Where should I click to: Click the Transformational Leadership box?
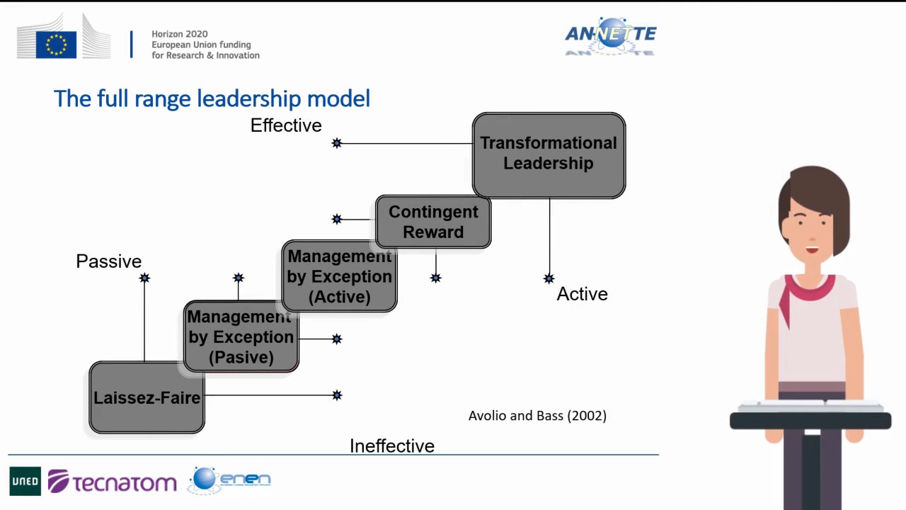549,155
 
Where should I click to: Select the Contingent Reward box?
433,222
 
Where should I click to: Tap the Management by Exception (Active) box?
339,276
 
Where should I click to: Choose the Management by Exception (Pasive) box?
241,336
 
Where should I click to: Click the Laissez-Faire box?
147,397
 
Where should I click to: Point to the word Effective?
286,125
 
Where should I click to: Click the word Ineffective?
392,446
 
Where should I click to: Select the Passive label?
109,261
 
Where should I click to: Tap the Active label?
582,294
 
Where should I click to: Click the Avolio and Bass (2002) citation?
537,416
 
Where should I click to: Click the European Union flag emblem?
56,45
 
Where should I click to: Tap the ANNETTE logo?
611,35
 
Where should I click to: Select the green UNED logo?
25,481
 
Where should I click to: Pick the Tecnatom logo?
113,481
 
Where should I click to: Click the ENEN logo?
229,480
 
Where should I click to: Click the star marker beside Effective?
337,143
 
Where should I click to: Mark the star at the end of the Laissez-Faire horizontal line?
337,395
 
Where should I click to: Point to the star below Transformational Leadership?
549,278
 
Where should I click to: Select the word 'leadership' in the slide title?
248,99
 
